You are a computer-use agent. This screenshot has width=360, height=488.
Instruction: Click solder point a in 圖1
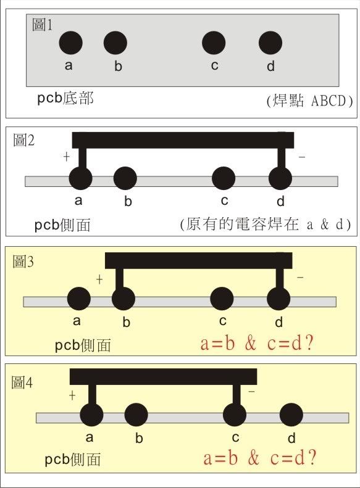pyautogui.click(x=70, y=43)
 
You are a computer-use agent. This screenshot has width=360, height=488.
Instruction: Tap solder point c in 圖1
pyautogui.click(x=214, y=43)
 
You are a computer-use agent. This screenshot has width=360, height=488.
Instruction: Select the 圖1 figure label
pyautogui.click(x=43, y=25)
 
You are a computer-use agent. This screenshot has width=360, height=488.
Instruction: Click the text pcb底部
pyautogui.click(x=65, y=98)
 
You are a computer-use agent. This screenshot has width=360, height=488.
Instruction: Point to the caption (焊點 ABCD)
pyautogui.click(x=309, y=101)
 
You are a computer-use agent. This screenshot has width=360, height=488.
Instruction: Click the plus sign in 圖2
pyautogui.click(x=66, y=157)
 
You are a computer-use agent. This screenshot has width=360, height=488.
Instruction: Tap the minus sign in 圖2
pyautogui.click(x=301, y=157)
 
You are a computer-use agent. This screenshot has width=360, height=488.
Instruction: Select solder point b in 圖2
pyautogui.click(x=125, y=178)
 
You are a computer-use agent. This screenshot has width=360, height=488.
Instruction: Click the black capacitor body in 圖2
pyautogui.click(x=183, y=140)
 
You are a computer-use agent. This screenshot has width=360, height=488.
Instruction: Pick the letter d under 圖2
pyautogui.click(x=280, y=201)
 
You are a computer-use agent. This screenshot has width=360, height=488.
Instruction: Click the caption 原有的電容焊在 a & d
pyautogui.click(x=266, y=225)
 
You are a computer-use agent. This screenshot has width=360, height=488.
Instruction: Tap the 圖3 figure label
pyautogui.click(x=23, y=262)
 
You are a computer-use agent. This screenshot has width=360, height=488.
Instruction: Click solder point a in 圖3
pyautogui.click(x=79, y=299)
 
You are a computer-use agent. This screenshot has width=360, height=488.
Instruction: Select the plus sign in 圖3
pyautogui.click(x=99, y=279)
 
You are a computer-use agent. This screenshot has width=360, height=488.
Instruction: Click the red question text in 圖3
pyautogui.click(x=257, y=344)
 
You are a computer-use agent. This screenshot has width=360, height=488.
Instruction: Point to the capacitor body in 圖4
pyautogui.click(x=164, y=376)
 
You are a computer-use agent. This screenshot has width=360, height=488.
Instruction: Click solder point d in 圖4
pyautogui.click(x=291, y=415)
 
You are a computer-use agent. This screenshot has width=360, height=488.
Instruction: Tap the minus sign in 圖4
pyautogui.click(x=251, y=391)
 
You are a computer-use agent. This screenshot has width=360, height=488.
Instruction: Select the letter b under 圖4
pyautogui.click(x=139, y=438)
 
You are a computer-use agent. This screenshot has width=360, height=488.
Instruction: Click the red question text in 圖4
pyautogui.click(x=260, y=458)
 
